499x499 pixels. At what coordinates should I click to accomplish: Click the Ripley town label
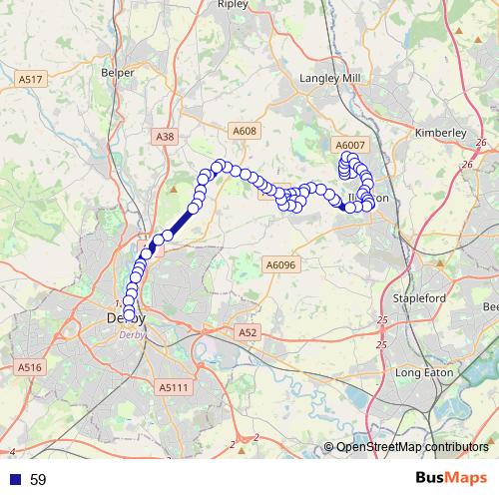coord(233,4)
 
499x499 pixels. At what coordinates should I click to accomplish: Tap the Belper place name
coord(118,72)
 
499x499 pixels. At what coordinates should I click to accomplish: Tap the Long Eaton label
coord(425,372)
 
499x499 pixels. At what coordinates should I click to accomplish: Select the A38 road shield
coord(166,136)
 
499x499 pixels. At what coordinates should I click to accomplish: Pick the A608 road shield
coord(245,131)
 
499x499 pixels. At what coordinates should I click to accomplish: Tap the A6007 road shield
coord(351,145)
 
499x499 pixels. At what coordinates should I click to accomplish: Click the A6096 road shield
coord(280,263)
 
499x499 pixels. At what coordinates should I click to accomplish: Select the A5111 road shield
coord(174,385)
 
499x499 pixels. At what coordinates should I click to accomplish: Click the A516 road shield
coord(31,367)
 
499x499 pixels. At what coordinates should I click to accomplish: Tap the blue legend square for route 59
coord(16,480)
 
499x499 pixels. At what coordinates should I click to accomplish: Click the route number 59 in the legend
coord(38,480)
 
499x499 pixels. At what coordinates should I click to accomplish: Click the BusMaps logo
coord(447,479)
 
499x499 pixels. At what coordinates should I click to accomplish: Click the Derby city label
coord(125,318)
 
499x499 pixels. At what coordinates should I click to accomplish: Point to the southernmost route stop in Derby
coord(130,318)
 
